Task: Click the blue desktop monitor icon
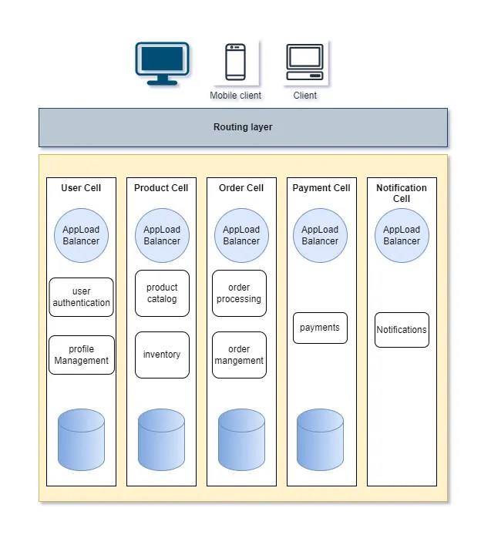coord(163,64)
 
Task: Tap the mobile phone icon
coord(235,62)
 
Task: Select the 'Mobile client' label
coord(235,96)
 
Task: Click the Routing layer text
coord(243,127)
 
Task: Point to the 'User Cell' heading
coord(81,187)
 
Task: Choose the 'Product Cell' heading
coord(161,187)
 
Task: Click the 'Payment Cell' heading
coord(321,187)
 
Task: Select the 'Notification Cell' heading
coord(402,193)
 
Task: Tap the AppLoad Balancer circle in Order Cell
coord(241,235)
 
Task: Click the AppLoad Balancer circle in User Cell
coord(81,235)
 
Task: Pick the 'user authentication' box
coord(81,297)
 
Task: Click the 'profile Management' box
coord(81,355)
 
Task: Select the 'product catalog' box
coord(162,293)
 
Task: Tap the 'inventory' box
coord(162,355)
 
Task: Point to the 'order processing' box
coord(239,293)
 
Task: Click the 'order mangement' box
coord(239,355)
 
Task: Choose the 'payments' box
coord(320,328)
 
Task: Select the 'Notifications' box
coord(402,330)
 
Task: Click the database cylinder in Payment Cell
coord(320,439)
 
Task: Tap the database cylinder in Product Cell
coord(161,439)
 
